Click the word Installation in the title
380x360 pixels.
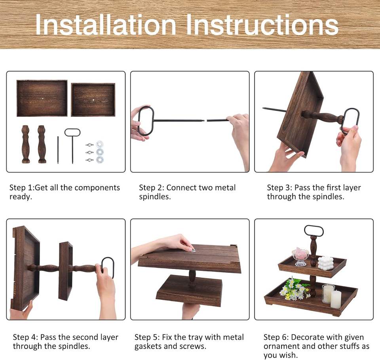tap(106, 25)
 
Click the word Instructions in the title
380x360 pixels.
tap(262, 25)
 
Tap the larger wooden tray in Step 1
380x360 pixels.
tap(42, 98)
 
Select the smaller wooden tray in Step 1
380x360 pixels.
tap(93, 100)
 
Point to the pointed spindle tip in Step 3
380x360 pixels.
tap(264, 108)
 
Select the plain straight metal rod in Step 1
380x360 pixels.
tap(58, 150)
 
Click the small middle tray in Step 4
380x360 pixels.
tap(66, 271)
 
